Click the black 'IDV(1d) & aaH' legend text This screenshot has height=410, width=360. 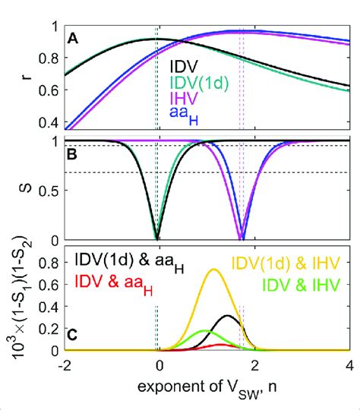point(122,262)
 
